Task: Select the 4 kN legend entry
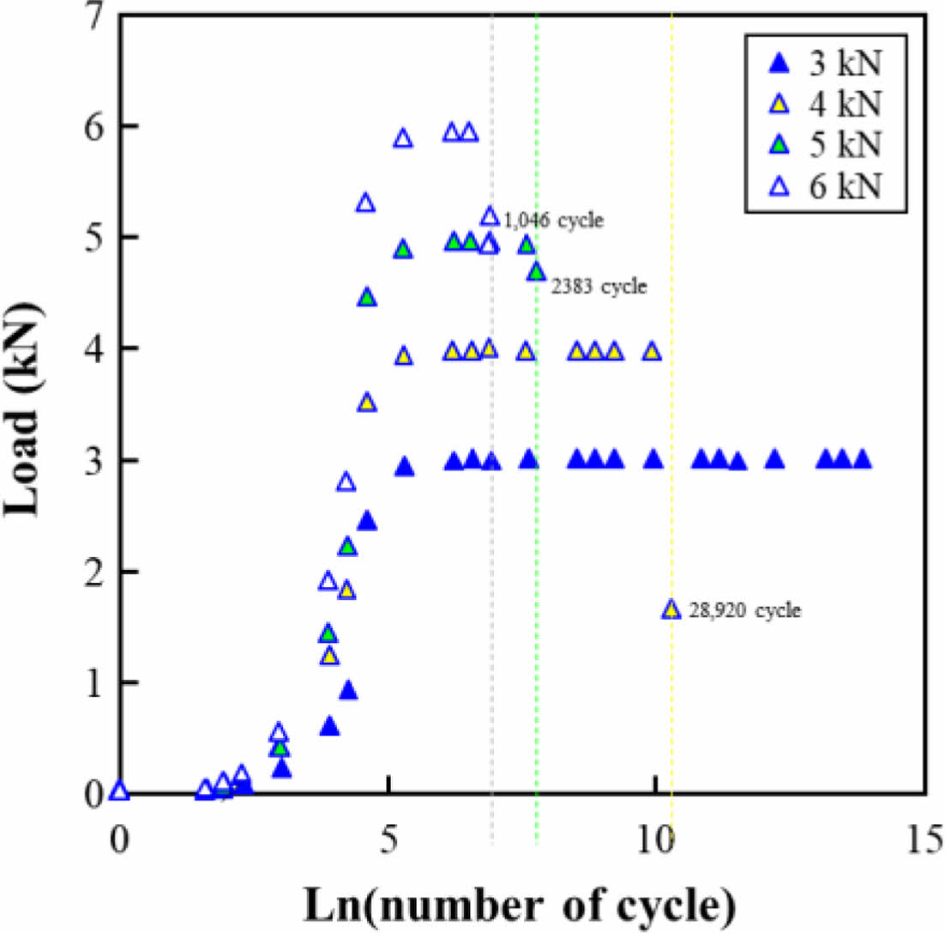click(823, 106)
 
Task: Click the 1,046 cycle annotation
click(554, 221)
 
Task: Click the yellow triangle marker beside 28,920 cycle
click(671, 609)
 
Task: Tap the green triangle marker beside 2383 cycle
click(537, 272)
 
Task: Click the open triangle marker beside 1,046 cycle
click(490, 216)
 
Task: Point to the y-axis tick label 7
click(91, 17)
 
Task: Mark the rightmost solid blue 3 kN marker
click(863, 459)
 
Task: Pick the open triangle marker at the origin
click(120, 791)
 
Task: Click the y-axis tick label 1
click(91, 683)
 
